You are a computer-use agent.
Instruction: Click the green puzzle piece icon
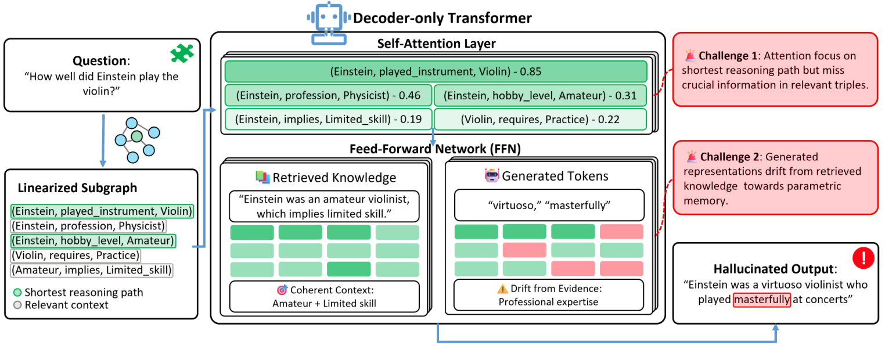pyautogui.click(x=181, y=53)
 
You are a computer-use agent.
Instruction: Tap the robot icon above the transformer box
pyautogui.click(x=329, y=25)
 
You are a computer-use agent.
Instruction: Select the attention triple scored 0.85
pyautogui.click(x=436, y=72)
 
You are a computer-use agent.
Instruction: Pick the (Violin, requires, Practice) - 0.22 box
pyautogui.click(x=540, y=120)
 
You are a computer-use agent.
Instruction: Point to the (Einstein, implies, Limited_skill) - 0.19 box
pyautogui.click(x=328, y=120)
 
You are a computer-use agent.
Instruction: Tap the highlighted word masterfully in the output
pyautogui.click(x=761, y=300)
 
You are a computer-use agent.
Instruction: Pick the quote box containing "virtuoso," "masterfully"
pyautogui.click(x=549, y=205)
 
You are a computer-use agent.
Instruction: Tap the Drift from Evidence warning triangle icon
pyautogui.click(x=502, y=289)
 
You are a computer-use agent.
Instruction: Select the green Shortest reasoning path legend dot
pyautogui.click(x=17, y=293)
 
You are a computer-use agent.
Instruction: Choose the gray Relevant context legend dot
pyautogui.click(x=17, y=305)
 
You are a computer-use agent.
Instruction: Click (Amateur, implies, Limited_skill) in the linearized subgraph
pyautogui.click(x=92, y=270)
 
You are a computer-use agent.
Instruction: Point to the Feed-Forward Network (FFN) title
pyautogui.click(x=435, y=148)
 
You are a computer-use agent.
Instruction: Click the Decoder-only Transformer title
pyautogui.click(x=442, y=18)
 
